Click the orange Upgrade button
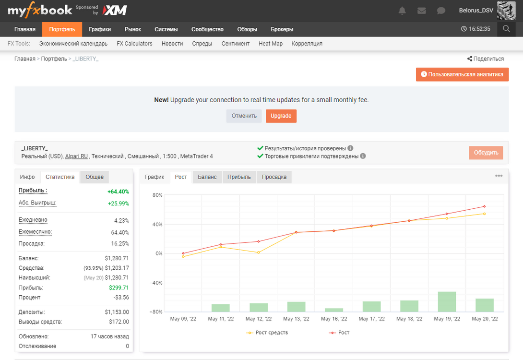pos(281,116)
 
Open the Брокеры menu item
pos(282,29)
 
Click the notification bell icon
pos(402,11)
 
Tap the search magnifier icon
pos(506,29)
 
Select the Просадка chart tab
pos(274,177)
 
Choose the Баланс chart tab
pos(207,177)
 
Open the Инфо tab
pos(27,177)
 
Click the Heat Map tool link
pos(271,44)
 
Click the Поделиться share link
pos(485,59)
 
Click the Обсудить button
pos(486,153)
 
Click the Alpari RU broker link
pos(76,156)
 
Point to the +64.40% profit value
pos(118,192)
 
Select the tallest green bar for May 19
pos(447,301)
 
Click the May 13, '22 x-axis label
pos(296,319)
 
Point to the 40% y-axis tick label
pos(157,224)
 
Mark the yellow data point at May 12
pos(259,252)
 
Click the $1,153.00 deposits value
pos(117,312)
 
